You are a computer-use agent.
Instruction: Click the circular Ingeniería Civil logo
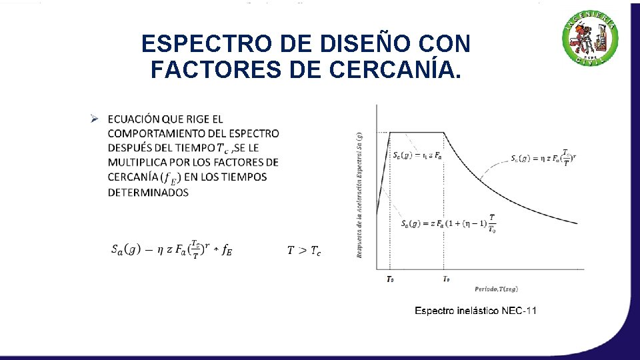click(591, 39)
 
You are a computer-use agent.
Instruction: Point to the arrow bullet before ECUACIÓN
click(95, 119)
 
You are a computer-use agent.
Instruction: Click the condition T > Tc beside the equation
click(304, 251)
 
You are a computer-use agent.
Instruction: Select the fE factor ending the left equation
click(227, 251)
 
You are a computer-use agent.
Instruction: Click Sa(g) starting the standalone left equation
click(125, 250)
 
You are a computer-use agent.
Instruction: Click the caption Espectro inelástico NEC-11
click(475, 311)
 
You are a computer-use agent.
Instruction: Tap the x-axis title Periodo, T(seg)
click(497, 289)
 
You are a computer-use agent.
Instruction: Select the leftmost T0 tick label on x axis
click(390, 279)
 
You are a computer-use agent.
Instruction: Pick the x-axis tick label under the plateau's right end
click(445, 279)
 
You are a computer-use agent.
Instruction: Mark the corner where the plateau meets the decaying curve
click(445, 132)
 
